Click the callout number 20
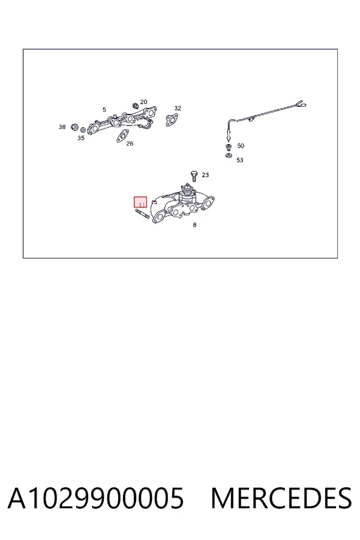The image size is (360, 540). tap(143, 101)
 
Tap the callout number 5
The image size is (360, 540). tap(104, 110)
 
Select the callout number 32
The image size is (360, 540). tap(178, 108)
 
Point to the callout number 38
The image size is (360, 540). tap(62, 127)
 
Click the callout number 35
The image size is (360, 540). tap(81, 138)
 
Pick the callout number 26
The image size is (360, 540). tap(130, 143)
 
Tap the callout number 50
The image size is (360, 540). tap(241, 146)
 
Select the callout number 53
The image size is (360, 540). tap(240, 160)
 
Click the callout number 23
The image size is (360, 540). tap(205, 175)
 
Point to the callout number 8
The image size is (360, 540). tap(194, 225)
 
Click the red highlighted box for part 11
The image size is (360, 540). tap(140, 202)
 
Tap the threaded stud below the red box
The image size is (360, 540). tap(142, 213)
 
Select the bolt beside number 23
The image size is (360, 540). tap(194, 176)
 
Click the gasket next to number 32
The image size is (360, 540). tap(171, 120)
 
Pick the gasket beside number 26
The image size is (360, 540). tap(122, 136)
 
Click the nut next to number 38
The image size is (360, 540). tap(74, 127)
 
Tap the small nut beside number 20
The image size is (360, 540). tap(136, 104)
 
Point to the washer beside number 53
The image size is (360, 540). tap(229, 155)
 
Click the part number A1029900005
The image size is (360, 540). tap(96, 499)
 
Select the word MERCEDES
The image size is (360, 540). tap(281, 499)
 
